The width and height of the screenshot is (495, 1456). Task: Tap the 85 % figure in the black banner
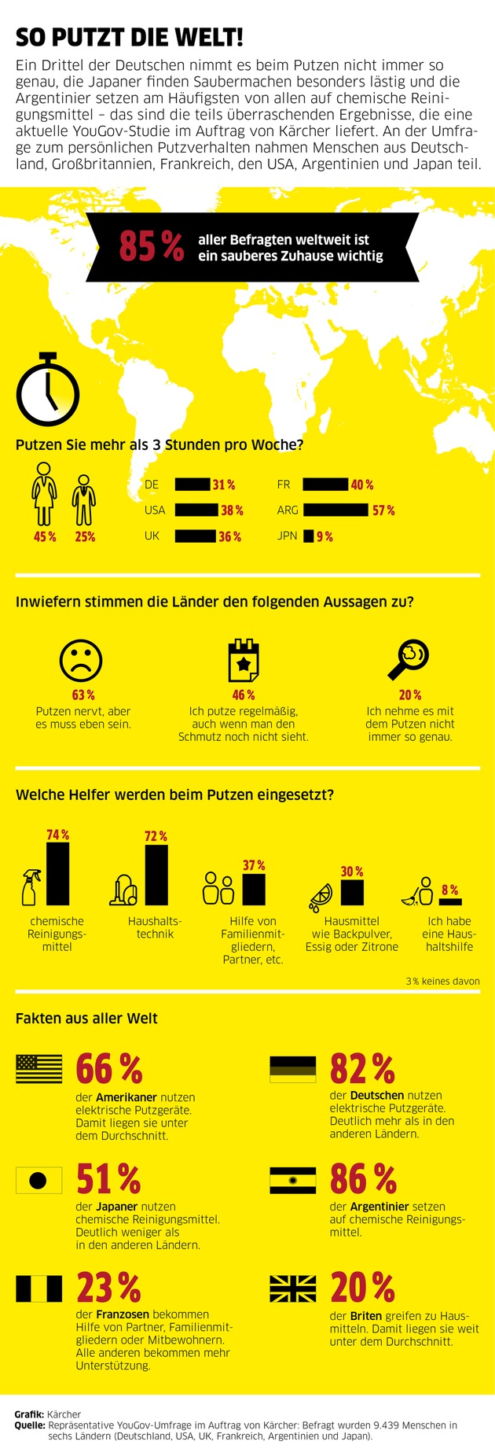(x=152, y=246)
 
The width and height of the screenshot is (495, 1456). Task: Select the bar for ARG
(x=335, y=510)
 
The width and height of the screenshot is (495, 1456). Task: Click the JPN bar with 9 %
(x=309, y=536)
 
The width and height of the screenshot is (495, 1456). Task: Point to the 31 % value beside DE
(x=224, y=485)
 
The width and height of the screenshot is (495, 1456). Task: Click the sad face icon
(x=81, y=660)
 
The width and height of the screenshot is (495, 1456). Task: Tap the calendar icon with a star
(x=244, y=661)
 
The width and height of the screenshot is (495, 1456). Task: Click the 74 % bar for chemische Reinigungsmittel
(x=58, y=874)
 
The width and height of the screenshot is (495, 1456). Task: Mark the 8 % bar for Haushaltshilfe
(x=450, y=901)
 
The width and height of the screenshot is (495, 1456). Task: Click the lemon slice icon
(x=321, y=894)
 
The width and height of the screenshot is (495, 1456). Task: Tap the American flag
(x=39, y=1070)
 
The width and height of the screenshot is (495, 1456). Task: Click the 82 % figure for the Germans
(x=362, y=1069)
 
